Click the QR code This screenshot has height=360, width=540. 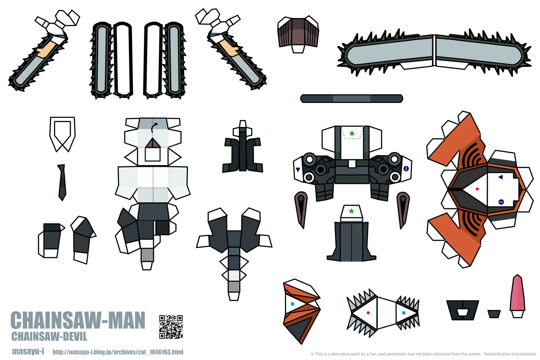[171, 327]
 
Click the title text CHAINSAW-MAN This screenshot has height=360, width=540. [78, 321]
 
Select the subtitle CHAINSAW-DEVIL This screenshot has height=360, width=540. [49, 337]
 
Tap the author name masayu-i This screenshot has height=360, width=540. [28, 351]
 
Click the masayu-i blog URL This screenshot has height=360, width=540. [118, 352]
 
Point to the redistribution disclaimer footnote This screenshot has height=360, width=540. [423, 354]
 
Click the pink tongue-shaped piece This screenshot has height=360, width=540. [517, 294]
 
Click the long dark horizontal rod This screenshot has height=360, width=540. [351, 98]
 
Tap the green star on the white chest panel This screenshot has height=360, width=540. [352, 133]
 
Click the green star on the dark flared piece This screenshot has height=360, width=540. [351, 211]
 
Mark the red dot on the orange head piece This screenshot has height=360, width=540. [477, 189]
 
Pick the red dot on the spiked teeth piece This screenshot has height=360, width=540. [368, 313]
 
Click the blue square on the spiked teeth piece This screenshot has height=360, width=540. [403, 313]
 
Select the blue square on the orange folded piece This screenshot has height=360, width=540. [292, 304]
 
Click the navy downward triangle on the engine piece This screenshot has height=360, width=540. [298, 170]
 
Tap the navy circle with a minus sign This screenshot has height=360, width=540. [501, 202]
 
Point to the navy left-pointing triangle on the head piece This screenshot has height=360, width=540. [500, 177]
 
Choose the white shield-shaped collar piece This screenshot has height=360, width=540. [62, 132]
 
